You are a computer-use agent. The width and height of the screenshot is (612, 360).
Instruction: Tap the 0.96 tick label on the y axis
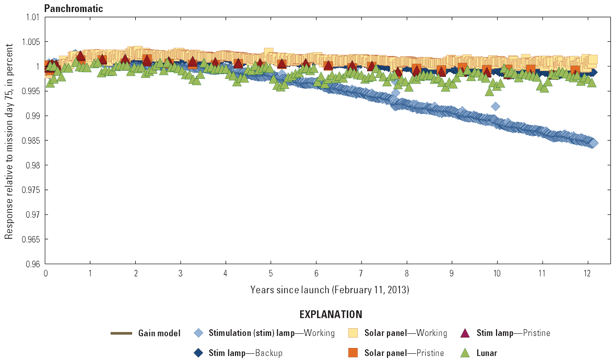tap(33, 264)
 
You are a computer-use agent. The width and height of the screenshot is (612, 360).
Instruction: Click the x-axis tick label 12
tap(588, 274)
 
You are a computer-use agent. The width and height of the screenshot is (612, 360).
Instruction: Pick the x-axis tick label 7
tap(361, 274)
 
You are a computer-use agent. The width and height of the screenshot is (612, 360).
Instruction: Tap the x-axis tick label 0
tap(46, 274)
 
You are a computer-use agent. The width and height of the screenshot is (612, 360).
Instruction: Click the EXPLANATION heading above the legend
tap(330, 315)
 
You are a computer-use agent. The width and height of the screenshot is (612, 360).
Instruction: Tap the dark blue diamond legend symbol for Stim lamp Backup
tap(198, 353)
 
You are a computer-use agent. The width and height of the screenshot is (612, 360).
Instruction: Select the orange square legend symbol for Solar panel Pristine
tap(354, 353)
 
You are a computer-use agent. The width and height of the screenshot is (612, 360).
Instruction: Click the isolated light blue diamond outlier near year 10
tap(496, 106)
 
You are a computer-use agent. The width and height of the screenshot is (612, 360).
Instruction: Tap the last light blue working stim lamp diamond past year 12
tap(593, 143)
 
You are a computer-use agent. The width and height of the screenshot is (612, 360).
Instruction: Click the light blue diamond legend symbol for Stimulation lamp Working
tap(198, 333)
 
